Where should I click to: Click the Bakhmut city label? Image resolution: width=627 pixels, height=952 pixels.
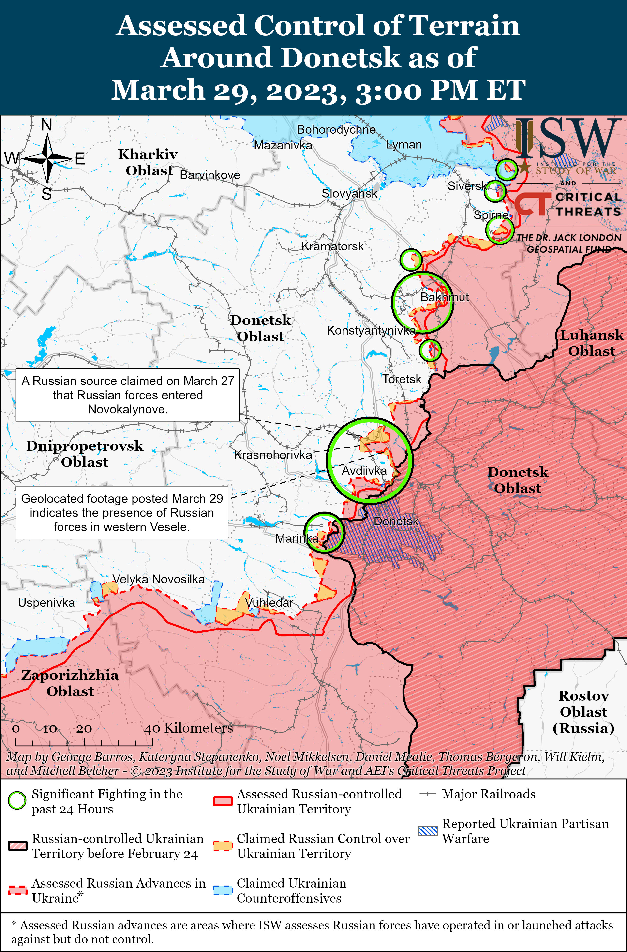point(444,297)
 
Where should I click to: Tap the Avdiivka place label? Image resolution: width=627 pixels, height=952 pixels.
point(364,471)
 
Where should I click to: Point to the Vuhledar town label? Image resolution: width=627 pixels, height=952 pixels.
point(269,602)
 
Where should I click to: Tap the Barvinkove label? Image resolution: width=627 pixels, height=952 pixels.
point(210,175)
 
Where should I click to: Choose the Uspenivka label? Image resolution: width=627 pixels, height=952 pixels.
point(46,602)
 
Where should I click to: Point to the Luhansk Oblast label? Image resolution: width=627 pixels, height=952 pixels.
point(591,343)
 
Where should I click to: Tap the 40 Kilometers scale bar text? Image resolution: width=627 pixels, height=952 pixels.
point(188,728)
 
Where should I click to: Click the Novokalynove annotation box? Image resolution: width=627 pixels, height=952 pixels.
point(128,395)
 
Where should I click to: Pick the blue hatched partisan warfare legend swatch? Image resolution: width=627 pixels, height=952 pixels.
point(428,831)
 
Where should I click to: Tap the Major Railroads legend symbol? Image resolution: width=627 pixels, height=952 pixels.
point(427,794)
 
